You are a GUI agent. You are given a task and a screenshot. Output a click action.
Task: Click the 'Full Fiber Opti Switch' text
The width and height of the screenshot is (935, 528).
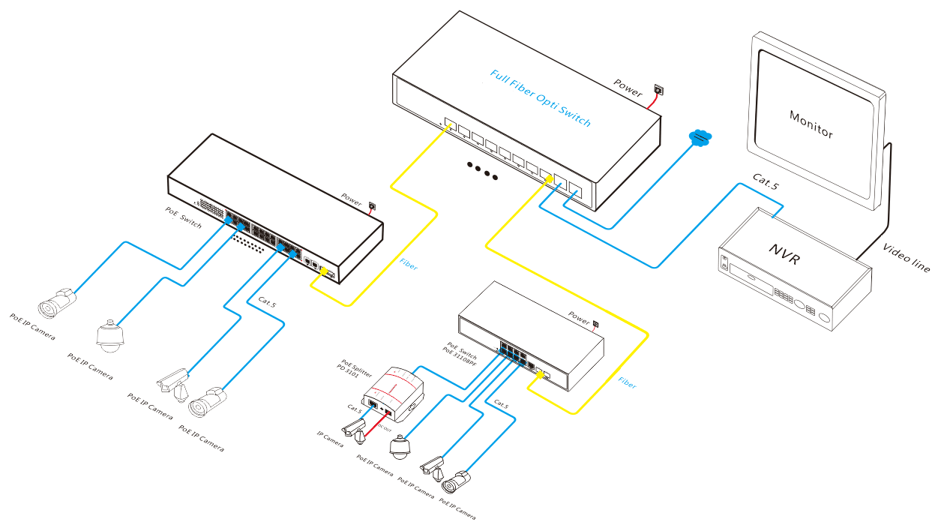click(540, 98)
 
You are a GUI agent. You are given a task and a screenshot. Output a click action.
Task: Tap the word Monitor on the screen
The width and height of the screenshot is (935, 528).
click(811, 124)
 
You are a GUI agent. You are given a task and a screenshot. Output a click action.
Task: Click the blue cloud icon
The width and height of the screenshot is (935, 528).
click(700, 137)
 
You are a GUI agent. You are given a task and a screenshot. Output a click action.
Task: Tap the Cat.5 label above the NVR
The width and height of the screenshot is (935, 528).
click(764, 181)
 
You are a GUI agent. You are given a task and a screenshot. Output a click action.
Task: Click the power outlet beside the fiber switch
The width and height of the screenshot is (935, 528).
click(658, 89)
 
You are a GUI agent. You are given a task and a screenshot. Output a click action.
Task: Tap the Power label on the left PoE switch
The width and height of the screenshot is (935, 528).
click(352, 199)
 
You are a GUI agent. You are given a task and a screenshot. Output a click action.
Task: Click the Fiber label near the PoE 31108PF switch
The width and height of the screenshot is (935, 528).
click(627, 382)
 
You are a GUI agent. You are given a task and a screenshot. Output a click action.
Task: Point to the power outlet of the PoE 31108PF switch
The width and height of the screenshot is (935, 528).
click(596, 325)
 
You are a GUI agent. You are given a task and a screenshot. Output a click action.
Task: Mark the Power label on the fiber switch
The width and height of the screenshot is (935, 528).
click(628, 88)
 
